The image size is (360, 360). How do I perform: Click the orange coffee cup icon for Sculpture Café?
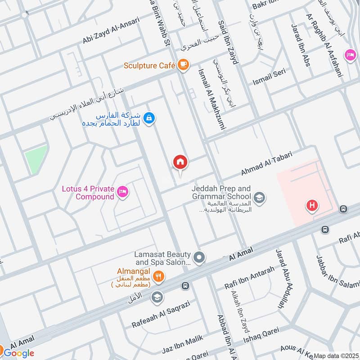182,65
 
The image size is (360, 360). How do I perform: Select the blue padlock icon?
150,118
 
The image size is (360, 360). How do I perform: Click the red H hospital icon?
311,206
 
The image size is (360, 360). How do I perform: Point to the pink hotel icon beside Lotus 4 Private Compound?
122,193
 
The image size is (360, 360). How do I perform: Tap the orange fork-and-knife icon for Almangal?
157,277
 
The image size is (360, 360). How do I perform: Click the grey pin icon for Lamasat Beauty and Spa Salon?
200,258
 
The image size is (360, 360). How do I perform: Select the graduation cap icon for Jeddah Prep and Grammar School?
259,197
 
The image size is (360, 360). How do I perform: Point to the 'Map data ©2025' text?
336,355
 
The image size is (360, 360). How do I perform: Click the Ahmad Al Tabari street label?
266,164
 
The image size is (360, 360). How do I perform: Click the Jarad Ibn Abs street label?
301,45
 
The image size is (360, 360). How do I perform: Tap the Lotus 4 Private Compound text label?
88,193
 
